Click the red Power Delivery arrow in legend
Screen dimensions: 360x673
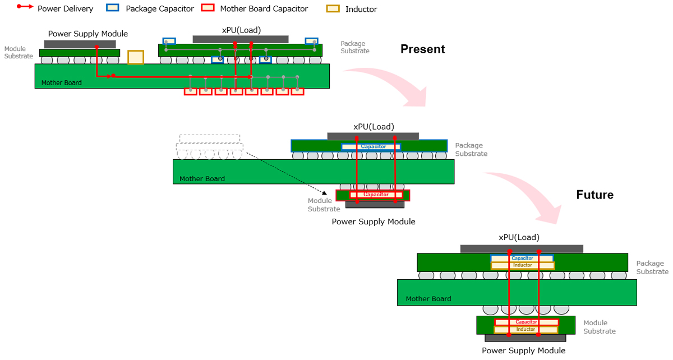24,8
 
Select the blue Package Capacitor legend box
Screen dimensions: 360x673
113,8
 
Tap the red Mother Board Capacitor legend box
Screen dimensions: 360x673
208,8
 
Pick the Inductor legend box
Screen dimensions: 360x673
334,9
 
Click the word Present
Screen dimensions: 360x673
422,49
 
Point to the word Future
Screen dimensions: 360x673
594,195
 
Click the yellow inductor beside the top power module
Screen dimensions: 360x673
135,57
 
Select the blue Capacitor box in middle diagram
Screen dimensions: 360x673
371,147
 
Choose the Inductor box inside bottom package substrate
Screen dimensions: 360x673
523,265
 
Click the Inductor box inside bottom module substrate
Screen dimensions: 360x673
526,330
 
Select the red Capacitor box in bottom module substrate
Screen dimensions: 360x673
526,322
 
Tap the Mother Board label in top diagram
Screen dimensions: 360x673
61,83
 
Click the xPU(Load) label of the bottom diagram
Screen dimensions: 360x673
519,237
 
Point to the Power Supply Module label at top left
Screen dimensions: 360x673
88,34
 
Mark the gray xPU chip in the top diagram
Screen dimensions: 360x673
241,39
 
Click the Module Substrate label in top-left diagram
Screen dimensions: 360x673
19,53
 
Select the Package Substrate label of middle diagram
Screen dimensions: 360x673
471,149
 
